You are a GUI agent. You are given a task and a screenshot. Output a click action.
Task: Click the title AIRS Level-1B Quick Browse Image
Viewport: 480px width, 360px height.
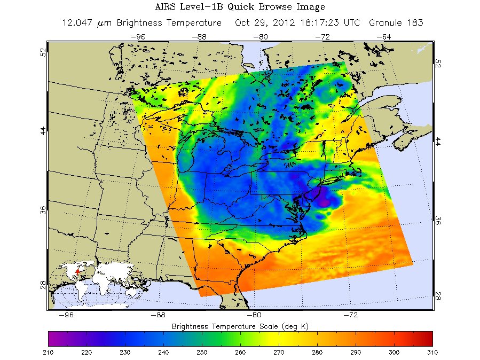pos(240,7)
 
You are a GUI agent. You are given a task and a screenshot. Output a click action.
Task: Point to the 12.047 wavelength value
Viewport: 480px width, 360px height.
pos(78,23)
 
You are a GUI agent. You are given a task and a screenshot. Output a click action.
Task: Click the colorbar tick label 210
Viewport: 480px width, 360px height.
pos(48,352)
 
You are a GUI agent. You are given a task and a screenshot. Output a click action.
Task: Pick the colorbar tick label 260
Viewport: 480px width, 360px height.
pos(240,352)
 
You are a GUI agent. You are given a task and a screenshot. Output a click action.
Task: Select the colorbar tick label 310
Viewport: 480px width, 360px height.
pos(431,352)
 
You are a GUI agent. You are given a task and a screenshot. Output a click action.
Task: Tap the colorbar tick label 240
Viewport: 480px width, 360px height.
pos(163,352)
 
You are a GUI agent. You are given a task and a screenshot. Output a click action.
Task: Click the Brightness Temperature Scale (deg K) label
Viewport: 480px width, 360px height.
pos(240,325)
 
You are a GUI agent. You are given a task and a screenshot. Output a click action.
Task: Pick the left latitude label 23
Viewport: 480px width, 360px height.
pos(42,284)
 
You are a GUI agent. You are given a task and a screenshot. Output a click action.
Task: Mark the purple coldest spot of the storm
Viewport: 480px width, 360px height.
pos(324,202)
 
